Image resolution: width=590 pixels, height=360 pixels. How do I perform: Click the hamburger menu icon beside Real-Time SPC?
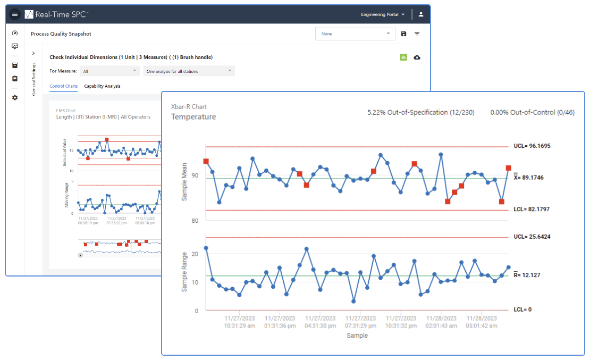15,14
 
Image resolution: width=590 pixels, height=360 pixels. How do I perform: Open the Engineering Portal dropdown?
383,14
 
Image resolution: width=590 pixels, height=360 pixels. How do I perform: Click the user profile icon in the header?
421,14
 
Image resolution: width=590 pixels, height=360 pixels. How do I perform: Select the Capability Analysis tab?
102,86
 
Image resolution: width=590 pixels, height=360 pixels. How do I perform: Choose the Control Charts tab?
64,86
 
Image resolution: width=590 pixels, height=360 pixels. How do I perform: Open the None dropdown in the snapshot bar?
355,34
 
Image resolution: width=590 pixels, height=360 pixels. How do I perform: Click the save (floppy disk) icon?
403,34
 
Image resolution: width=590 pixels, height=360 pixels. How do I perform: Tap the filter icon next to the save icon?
417,34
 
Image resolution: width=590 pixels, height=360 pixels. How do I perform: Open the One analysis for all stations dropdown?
189,71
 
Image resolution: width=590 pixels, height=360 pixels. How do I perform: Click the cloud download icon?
417,57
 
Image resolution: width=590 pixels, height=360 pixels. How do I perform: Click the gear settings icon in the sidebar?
15,98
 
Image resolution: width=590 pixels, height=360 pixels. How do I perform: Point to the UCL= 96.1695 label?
532,146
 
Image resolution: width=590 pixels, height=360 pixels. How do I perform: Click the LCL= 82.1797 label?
532,210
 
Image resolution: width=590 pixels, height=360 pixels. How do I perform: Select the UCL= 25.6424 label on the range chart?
532,237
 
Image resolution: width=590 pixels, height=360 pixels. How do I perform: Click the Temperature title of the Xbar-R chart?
193,117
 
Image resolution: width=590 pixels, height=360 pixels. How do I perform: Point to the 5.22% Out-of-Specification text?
421,112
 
